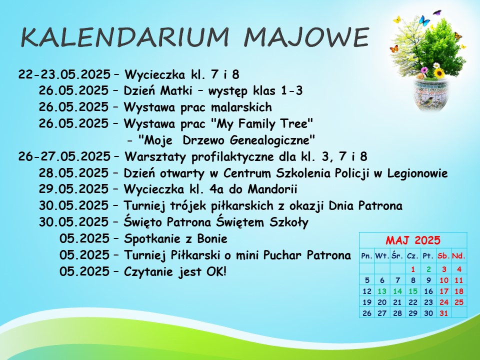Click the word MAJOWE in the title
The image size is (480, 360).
tap(306, 37)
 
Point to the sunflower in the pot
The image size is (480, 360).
tap(439, 73)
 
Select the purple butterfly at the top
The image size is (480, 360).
tap(437, 13)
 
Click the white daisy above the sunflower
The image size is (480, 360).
tap(436, 65)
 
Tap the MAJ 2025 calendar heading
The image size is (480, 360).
tap(413, 240)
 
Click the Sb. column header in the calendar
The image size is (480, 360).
tap(443, 256)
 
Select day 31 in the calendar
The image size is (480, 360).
tap(443, 313)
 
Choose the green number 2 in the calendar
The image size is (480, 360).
tap(428, 269)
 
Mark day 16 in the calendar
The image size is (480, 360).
tap(428, 291)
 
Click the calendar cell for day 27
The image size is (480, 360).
tap(382, 313)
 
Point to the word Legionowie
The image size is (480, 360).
tap(417, 173)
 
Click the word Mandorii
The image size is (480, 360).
tap(272, 189)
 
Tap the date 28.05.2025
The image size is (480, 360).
tap(73, 173)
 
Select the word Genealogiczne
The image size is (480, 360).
tap(272, 140)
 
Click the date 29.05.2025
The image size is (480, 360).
tap(73, 189)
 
